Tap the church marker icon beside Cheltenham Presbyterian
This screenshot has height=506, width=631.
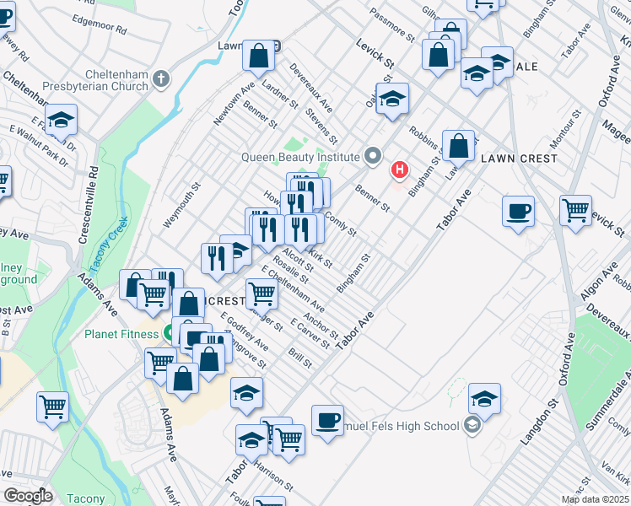[x=161, y=79]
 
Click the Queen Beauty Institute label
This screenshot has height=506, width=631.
[x=301, y=156]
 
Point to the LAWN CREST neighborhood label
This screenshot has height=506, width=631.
[x=519, y=159]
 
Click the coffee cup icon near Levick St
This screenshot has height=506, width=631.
[x=518, y=211]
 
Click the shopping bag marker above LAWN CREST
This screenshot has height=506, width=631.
[x=459, y=146]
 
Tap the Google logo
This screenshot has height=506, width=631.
[x=28, y=496]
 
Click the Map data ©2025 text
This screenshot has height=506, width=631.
[x=596, y=499]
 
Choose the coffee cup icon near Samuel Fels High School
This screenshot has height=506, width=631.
[x=327, y=420]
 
